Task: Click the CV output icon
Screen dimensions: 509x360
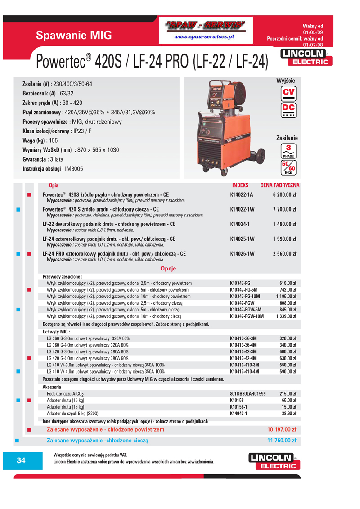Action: pos(288,93)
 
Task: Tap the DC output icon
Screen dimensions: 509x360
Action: pos(288,110)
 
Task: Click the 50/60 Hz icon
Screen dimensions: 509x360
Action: pos(288,167)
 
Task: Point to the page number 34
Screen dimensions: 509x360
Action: pos(21,460)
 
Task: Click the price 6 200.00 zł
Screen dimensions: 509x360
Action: pos(284,194)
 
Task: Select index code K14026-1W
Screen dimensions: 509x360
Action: pos(242,254)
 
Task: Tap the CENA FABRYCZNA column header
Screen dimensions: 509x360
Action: pos(280,185)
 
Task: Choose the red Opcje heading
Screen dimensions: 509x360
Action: pos(168,269)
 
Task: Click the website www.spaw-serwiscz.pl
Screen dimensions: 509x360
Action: pos(204,36)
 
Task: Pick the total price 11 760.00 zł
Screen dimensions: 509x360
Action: pos(282,441)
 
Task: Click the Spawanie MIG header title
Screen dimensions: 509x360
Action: pos(74,35)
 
